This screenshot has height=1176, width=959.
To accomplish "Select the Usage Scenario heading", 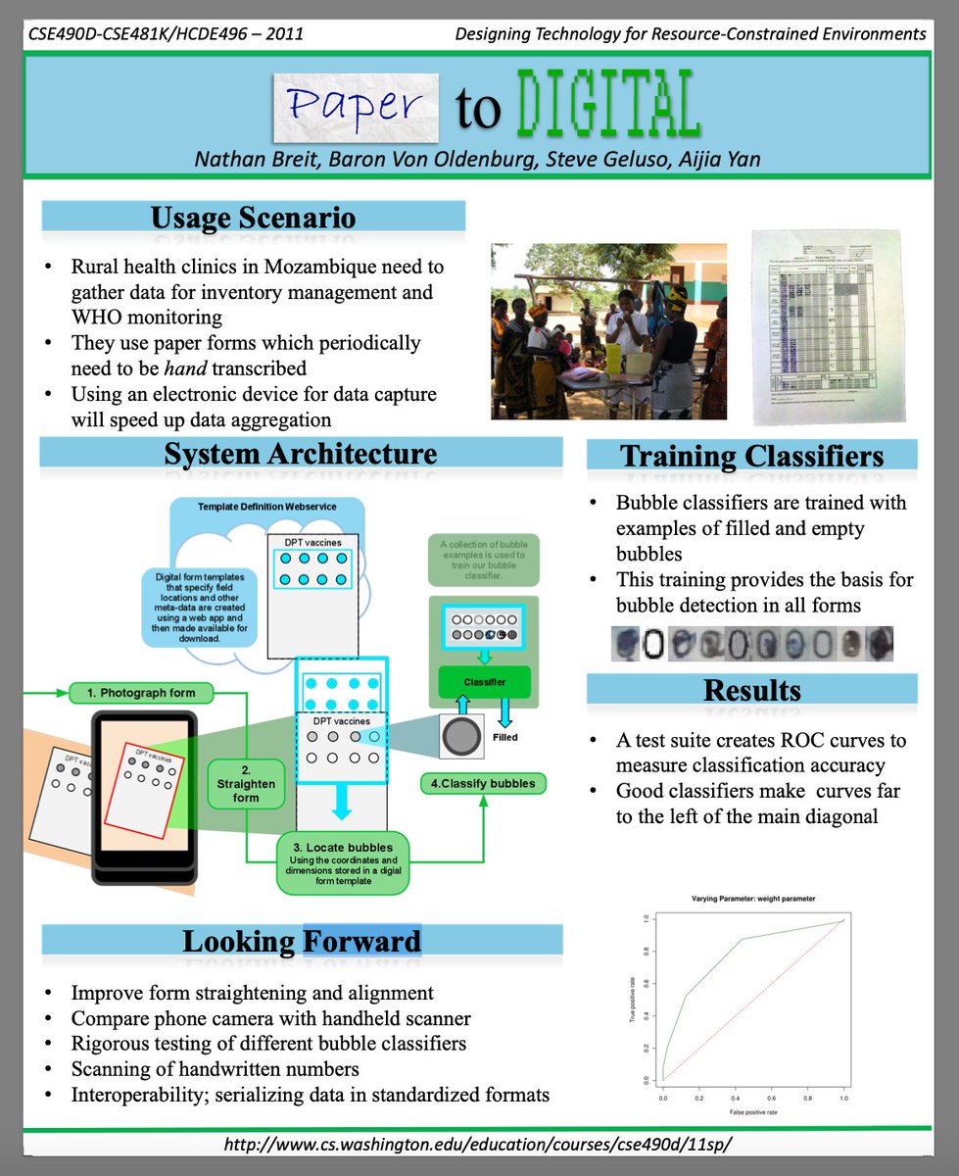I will (x=253, y=218).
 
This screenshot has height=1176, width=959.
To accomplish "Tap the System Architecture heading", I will (x=301, y=454).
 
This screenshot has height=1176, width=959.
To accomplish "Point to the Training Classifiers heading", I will (x=751, y=456).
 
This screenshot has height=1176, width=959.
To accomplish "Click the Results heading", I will (x=751, y=690).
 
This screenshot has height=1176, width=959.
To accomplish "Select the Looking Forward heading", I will (x=301, y=942).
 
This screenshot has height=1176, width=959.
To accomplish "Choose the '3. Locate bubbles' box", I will (x=342, y=861).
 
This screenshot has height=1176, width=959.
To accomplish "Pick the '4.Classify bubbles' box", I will (x=484, y=784).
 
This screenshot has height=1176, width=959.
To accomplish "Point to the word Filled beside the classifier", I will (x=505, y=737).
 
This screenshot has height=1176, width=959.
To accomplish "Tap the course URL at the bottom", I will (x=478, y=1144).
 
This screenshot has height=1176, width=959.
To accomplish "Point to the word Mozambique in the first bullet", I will (x=315, y=267).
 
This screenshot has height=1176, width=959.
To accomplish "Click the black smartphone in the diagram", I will (x=142, y=794).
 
